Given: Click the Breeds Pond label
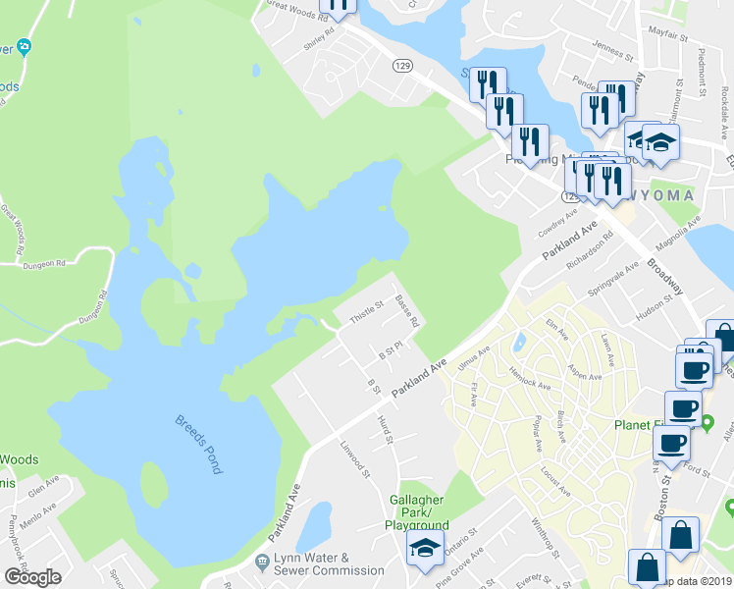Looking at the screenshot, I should coord(198,444).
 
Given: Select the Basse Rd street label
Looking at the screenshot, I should coord(407,310).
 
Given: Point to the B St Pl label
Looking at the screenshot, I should coord(393,351).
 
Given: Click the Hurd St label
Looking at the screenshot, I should coord(385,429).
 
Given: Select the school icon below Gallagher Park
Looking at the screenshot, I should coord(425,548).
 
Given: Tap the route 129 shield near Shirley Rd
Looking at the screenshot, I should coord(402,66).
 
